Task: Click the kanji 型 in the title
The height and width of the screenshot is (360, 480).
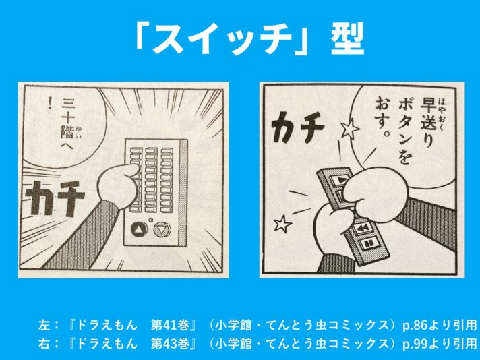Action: (347, 38)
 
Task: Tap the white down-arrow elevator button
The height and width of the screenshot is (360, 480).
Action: (162, 229)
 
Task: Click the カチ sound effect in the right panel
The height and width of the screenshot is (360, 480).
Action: (298, 127)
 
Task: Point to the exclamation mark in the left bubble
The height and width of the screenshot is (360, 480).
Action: (50, 103)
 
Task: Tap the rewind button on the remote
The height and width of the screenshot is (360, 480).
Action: (361, 229)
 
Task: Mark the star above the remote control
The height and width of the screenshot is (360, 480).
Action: (350, 129)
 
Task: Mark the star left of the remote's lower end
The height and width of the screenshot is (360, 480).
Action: (282, 224)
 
